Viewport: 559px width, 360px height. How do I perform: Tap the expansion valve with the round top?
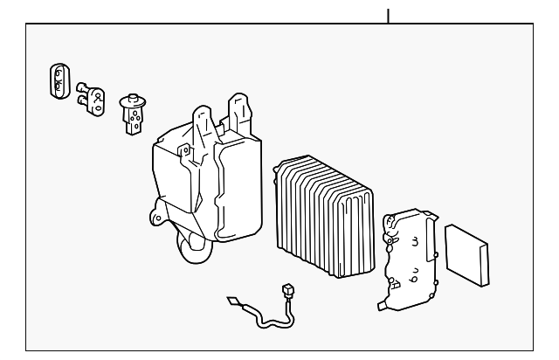click(133, 114)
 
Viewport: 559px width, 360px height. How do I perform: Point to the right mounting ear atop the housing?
click(239, 108)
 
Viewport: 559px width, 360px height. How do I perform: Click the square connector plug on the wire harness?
click(288, 291)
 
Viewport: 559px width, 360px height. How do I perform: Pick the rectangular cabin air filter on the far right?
click(467, 254)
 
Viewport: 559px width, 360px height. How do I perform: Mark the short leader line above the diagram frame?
click(388, 15)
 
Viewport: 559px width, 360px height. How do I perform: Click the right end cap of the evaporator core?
click(362, 227)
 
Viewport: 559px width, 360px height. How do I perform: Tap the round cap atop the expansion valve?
click(134, 100)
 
